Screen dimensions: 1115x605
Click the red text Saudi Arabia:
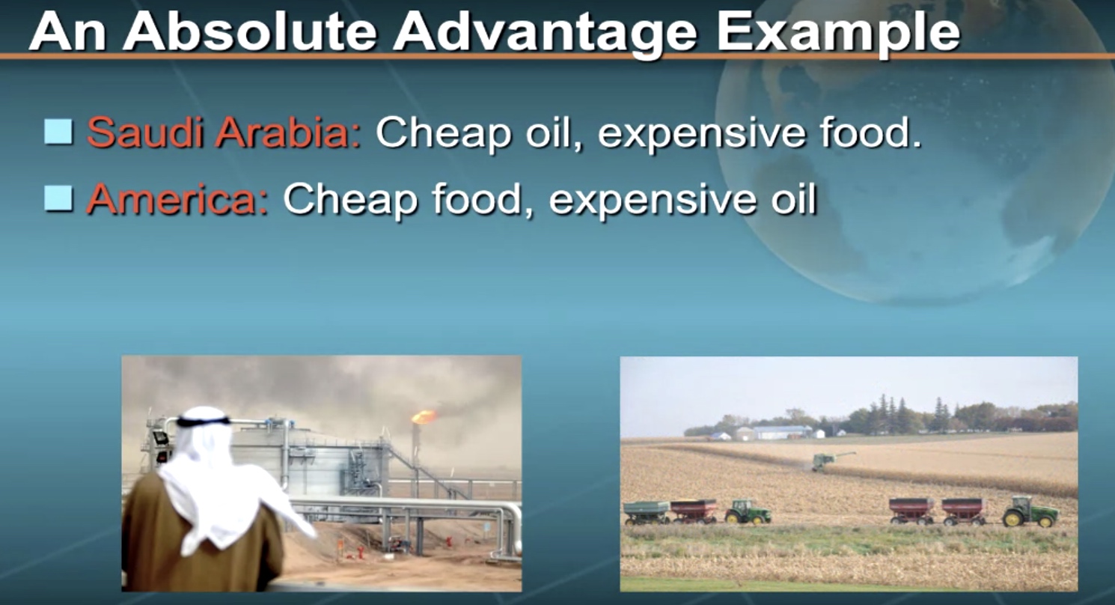[x=224, y=133]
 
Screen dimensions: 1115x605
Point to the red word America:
[x=177, y=198]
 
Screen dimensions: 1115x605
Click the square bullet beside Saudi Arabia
[x=58, y=132]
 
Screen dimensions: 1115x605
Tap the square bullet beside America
[x=58, y=198]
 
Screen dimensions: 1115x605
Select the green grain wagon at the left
[x=646, y=512]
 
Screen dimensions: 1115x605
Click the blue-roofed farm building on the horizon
[x=782, y=432]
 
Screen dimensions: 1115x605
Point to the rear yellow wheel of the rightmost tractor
[x=1012, y=518]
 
